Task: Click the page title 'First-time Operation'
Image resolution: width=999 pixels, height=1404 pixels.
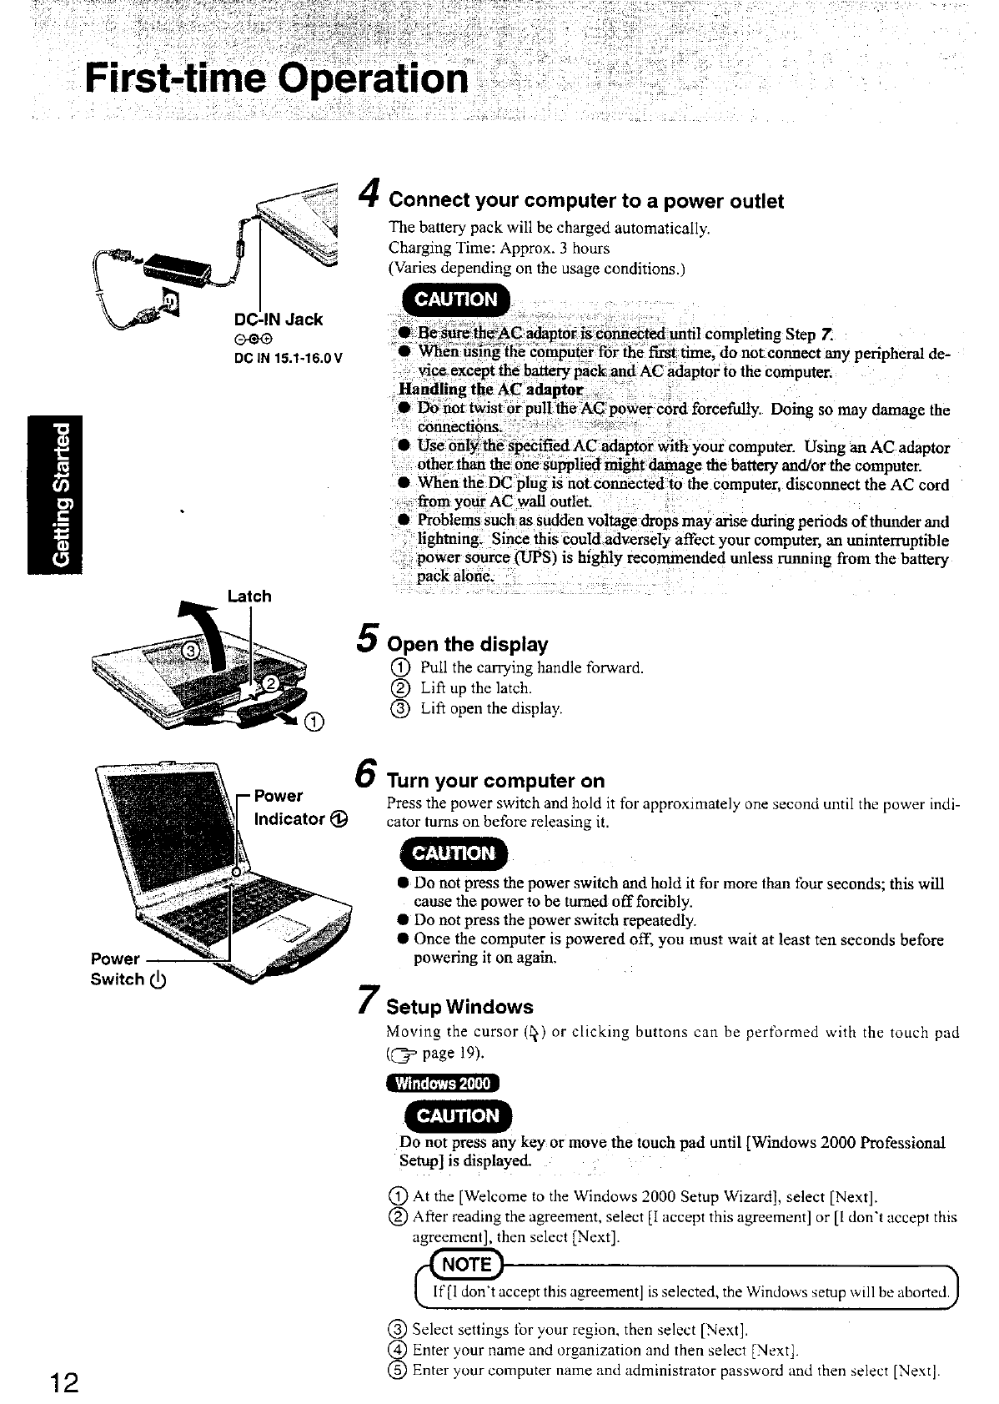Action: pos(277,79)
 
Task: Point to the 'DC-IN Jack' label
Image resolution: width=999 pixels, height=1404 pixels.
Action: pos(279,319)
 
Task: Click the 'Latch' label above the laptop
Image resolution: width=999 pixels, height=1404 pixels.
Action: pos(249,596)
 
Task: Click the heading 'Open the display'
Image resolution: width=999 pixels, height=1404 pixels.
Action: pos(468,644)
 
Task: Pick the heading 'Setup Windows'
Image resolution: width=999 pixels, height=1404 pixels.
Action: pos(460,1006)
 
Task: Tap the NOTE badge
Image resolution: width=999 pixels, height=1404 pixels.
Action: pos(467,1264)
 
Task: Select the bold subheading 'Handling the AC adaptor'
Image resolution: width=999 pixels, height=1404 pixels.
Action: pos(490,390)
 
